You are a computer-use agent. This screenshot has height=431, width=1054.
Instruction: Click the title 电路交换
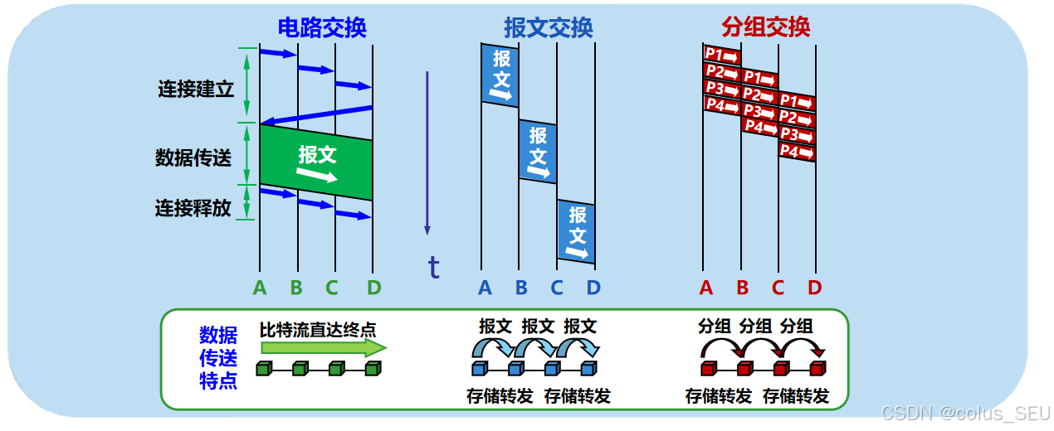pos(321,27)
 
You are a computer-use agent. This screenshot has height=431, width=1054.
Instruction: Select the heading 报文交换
pos(548,27)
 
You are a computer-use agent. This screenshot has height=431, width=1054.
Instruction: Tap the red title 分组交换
pos(765,27)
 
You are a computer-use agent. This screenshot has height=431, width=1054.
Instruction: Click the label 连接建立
pos(196,89)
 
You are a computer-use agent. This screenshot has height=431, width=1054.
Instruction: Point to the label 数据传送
pos(193,157)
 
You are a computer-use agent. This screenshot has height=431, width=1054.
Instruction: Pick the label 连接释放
pos(193,207)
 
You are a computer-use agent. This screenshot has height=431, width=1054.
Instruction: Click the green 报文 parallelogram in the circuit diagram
pos(316,162)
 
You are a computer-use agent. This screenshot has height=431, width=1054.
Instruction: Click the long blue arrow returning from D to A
pos(315,114)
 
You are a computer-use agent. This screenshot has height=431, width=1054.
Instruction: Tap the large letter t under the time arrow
pos(433,267)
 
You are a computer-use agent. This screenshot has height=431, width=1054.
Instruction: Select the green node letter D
pos(373,288)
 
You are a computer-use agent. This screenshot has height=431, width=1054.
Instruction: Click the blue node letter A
pos(485,288)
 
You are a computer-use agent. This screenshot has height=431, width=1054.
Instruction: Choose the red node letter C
pos(778,288)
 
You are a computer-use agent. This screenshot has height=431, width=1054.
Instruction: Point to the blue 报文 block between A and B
pos(500,75)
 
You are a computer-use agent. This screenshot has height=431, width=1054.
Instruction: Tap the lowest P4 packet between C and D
pos(797,153)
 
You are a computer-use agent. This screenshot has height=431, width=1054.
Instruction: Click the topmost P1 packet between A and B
pos(721,55)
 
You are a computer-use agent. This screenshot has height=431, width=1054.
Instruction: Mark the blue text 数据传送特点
pos(217,358)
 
